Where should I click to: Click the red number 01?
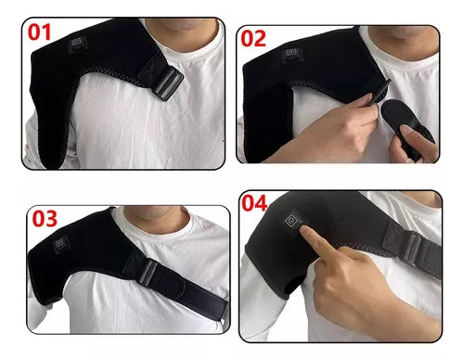(x=39, y=32)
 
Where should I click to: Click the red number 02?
(x=253, y=38)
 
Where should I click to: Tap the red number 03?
(x=45, y=219)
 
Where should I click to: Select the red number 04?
(x=254, y=203)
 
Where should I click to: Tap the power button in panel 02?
(x=291, y=53)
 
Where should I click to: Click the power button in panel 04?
(x=292, y=220)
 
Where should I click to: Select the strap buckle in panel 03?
(x=148, y=271)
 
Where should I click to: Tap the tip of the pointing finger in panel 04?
(x=303, y=229)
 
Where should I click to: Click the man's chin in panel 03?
(x=155, y=212)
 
